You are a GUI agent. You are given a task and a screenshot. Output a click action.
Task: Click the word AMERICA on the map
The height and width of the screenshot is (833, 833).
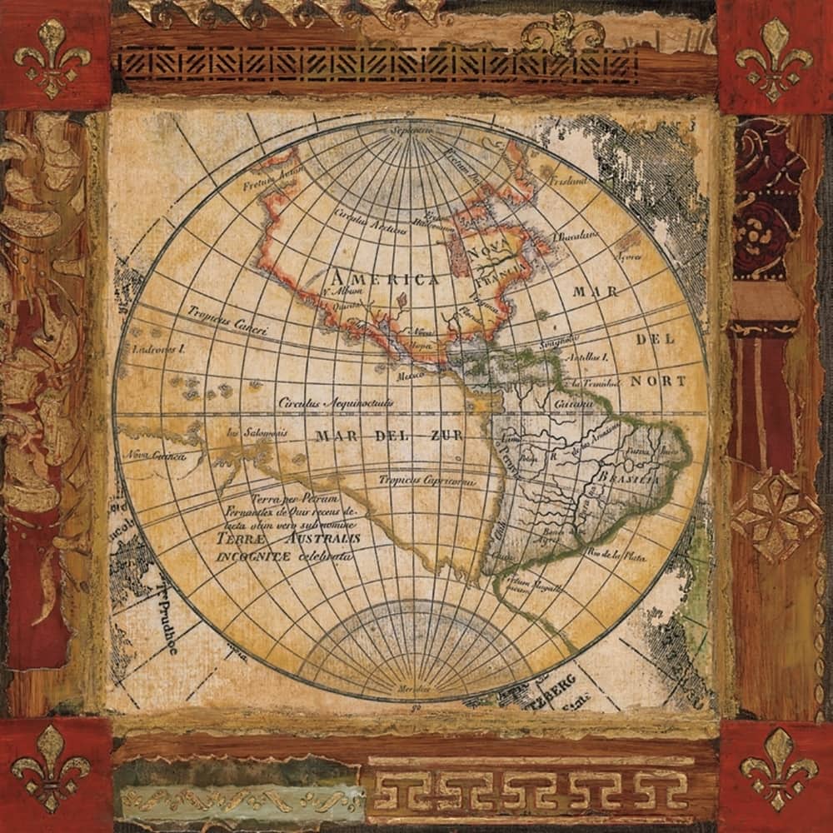pyautogui.click(x=383, y=278)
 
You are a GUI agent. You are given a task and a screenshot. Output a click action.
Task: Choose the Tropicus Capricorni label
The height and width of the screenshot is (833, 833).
pyautogui.click(x=426, y=481)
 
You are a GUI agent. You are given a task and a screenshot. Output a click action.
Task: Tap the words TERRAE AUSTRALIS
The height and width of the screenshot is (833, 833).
pyautogui.click(x=289, y=539)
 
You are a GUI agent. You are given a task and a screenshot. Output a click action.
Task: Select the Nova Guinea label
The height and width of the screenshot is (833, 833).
pyautogui.click(x=154, y=456)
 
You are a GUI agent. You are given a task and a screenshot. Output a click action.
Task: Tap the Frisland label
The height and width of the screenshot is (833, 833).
pyautogui.click(x=568, y=180)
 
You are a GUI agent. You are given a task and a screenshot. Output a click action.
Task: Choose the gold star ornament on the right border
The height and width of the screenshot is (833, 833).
pyautogui.click(x=775, y=514)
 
